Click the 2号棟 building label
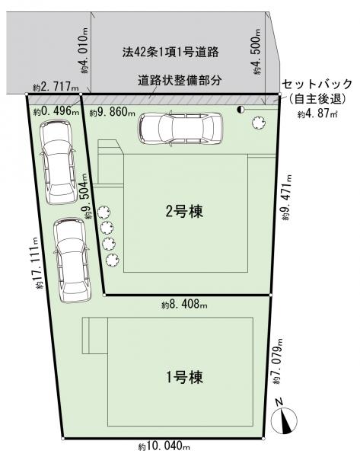[x=184, y=211]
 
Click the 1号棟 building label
[x=184, y=377]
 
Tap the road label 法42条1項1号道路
[x=170, y=52]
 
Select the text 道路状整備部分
[x=180, y=80]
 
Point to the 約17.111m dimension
[x=39, y=263]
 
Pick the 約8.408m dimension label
[x=184, y=305]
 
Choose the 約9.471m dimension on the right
[x=287, y=197]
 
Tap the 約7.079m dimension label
[x=278, y=361]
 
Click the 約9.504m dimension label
[x=88, y=197]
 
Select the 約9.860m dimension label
[x=112, y=112]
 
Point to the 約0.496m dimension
[x=56, y=111]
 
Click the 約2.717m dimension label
[x=56, y=87]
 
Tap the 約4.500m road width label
[x=257, y=52]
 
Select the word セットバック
[x=317, y=85]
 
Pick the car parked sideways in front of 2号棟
[x=180, y=128]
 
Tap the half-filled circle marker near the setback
[x=241, y=109]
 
